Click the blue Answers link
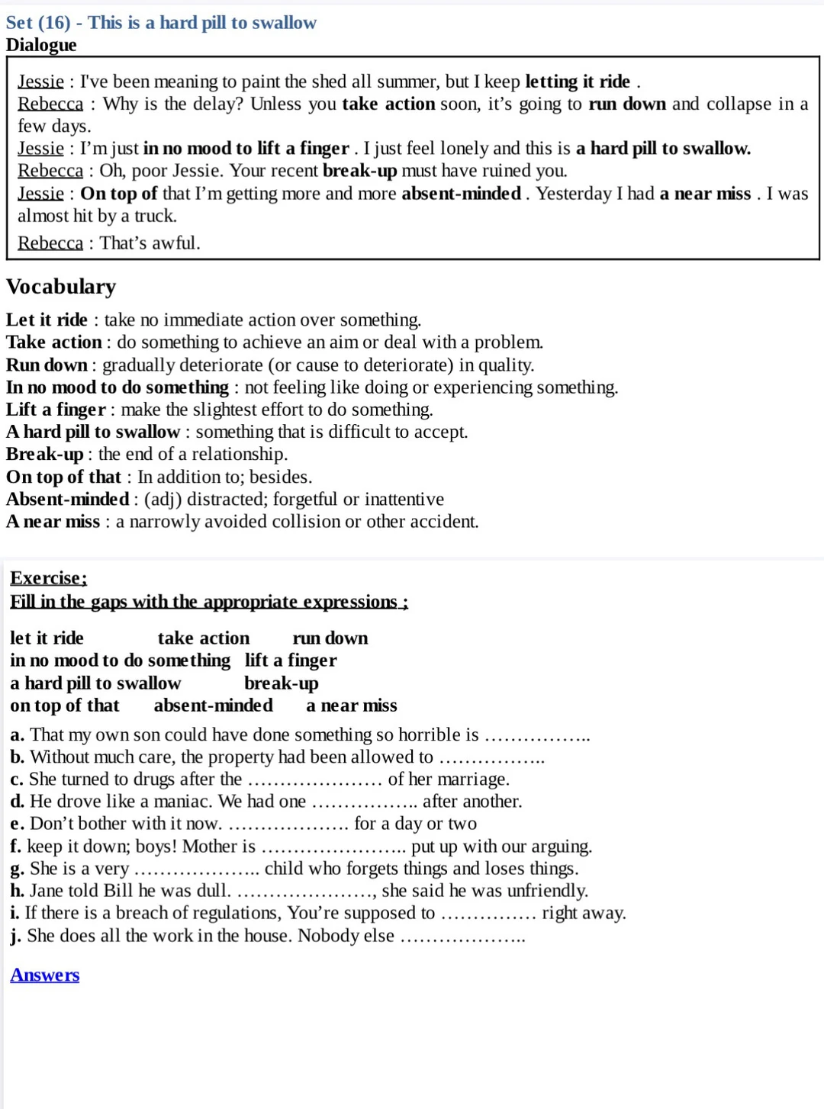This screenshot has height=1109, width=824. [x=44, y=975]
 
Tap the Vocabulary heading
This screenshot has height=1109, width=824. [x=61, y=287]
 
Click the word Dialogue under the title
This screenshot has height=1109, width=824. [x=41, y=45]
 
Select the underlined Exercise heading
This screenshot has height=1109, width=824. [x=48, y=578]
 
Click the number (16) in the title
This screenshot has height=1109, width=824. [x=54, y=23]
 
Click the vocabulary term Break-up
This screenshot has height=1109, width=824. [x=44, y=455]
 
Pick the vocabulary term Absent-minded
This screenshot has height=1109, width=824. [x=68, y=500]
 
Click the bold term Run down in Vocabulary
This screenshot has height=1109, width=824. [x=47, y=365]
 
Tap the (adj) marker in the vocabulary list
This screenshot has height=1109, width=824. [x=163, y=500]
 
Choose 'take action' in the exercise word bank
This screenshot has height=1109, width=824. [x=204, y=638]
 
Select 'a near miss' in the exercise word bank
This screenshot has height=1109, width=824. [x=352, y=706]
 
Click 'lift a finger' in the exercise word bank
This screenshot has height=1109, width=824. [x=291, y=661]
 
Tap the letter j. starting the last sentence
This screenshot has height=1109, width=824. [x=16, y=936]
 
